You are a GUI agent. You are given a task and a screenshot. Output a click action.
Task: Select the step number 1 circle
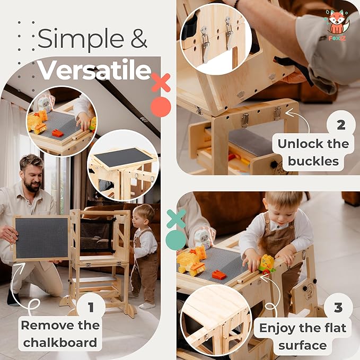(x=90, y=308)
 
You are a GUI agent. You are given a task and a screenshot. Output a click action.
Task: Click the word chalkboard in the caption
(x=60, y=341)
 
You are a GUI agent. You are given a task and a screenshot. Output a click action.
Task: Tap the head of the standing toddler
(x=143, y=214)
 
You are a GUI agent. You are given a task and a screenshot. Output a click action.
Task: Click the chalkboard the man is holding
(x=41, y=238)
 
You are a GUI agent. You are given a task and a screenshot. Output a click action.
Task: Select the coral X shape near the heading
(x=160, y=83)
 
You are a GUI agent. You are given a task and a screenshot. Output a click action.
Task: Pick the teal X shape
(x=176, y=218)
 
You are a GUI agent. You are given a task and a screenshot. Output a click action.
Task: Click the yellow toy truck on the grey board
(x=191, y=260)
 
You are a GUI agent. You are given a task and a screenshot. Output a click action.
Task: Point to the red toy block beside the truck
(x=219, y=275)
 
